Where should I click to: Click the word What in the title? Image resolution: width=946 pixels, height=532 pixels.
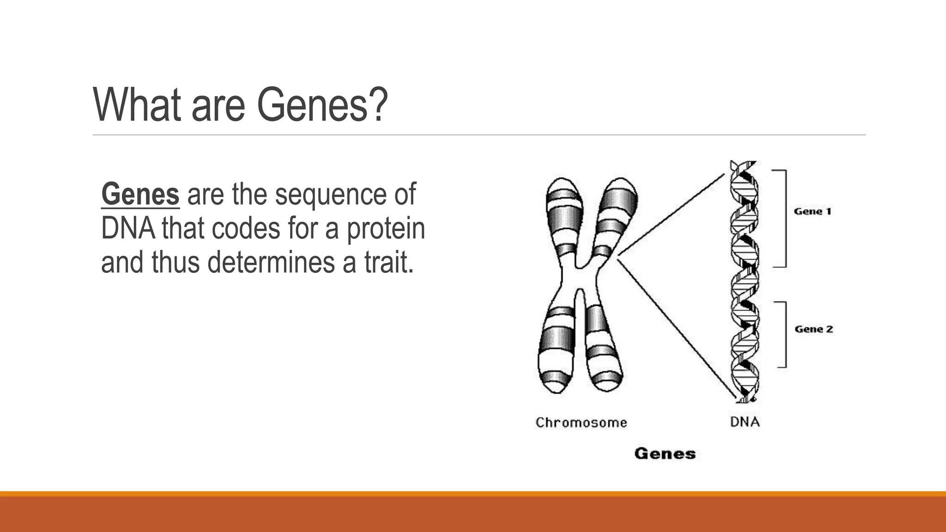tap(137, 105)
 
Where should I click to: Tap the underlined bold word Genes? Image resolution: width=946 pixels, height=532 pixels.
tap(140, 194)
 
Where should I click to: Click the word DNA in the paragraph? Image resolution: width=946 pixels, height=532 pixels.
tap(128, 228)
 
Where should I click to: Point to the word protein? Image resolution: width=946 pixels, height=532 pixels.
tap(386, 229)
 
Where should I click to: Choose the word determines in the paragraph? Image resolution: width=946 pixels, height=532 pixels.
tap(271, 262)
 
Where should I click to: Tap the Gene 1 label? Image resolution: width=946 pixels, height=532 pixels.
tap(813, 212)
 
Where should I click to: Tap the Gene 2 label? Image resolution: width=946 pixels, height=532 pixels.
tap(813, 329)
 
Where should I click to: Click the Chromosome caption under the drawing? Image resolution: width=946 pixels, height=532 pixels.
tap(581, 423)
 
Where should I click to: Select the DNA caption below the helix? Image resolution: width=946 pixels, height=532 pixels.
tap(745, 422)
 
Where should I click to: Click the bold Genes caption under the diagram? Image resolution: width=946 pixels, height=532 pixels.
tap(665, 453)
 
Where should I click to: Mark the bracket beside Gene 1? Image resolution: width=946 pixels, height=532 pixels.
tap(785, 218)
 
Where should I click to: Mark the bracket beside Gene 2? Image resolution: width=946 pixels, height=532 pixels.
tap(785, 334)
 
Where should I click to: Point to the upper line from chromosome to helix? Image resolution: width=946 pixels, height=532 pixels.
tap(671, 214)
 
